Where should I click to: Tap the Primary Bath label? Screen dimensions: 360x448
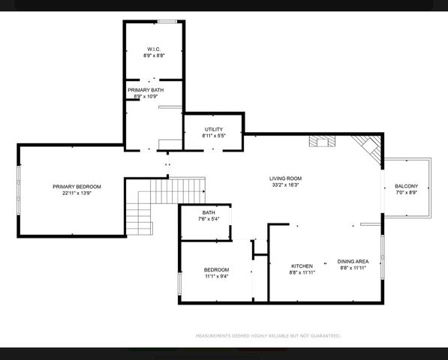pos(145,89)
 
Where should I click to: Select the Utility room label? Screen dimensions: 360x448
pos(213,129)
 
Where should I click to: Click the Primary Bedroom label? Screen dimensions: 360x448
pos(77,186)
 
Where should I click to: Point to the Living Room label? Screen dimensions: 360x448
pos(285,178)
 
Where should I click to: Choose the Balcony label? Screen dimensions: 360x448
pos(407,186)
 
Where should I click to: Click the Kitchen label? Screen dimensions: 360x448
pos(302,266)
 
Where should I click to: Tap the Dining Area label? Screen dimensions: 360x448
pos(353,261)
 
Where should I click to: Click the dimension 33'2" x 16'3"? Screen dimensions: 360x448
pos(285,185)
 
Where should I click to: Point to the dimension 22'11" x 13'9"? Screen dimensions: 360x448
pos(77,193)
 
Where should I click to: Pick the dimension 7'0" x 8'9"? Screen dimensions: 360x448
pos(407,193)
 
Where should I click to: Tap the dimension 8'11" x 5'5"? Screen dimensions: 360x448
pos(213,136)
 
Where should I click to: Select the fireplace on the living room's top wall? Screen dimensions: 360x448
pos(323,139)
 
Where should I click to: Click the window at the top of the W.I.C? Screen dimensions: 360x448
pos(167,21)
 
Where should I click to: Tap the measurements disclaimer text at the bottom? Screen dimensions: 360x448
pos(268,336)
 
